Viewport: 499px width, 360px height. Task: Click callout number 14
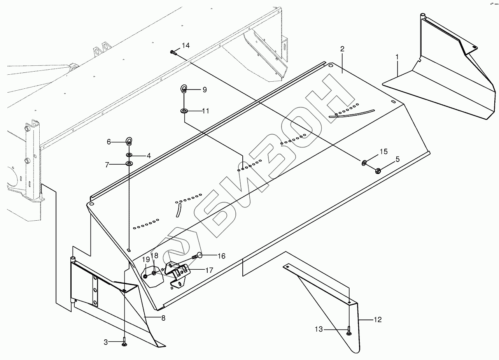point(186,46)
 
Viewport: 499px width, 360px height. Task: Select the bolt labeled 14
point(173,52)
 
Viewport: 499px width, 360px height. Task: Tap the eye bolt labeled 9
point(184,89)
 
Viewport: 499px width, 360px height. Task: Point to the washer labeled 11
point(184,111)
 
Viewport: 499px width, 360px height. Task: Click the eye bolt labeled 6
point(129,141)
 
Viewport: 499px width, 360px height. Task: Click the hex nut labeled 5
point(377,170)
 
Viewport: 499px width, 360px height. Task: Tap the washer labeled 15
point(365,162)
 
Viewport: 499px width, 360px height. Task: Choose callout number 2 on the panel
point(342,49)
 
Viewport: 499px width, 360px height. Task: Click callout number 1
point(397,57)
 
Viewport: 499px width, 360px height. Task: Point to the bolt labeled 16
point(198,256)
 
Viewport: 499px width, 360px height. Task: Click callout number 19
point(146,260)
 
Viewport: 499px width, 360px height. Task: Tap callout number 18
point(155,256)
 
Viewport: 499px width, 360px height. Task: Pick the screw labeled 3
point(124,342)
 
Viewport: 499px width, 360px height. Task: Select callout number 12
point(378,320)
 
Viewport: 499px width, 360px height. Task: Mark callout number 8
point(163,318)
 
